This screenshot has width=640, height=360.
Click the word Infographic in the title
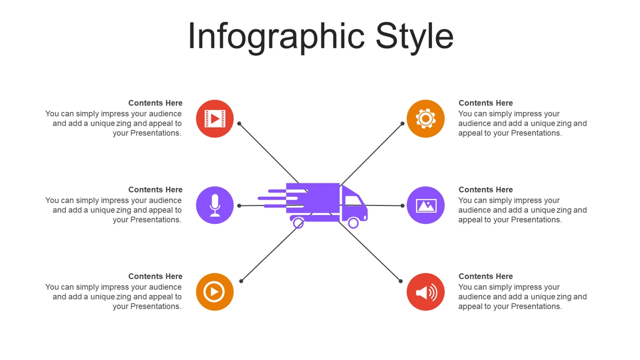[276, 37]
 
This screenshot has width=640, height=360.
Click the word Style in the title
[414, 37]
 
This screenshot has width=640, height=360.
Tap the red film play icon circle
[215, 118]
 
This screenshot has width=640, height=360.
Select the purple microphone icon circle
[215, 205]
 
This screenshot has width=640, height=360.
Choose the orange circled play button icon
[215, 292]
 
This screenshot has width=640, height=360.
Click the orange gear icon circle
[426, 118]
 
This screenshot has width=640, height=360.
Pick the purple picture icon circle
[426, 205]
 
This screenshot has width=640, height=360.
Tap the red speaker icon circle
[426, 292]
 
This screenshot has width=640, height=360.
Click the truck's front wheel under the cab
[353, 223]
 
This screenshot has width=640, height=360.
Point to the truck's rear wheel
[298, 223]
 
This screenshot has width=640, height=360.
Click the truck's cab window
[353, 201]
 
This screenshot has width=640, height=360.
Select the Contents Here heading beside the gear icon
[485, 103]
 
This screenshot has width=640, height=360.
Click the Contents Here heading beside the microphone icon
[155, 189]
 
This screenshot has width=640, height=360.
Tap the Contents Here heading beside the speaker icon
[485, 276]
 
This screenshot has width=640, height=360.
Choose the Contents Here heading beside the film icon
[155, 103]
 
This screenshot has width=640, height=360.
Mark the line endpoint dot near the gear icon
[402, 124]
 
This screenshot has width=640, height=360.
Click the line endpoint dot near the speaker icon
[401, 281]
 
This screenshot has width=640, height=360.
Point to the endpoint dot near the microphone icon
[239, 206]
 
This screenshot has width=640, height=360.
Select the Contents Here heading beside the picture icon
[485, 189]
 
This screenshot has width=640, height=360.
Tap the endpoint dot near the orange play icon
[241, 281]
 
